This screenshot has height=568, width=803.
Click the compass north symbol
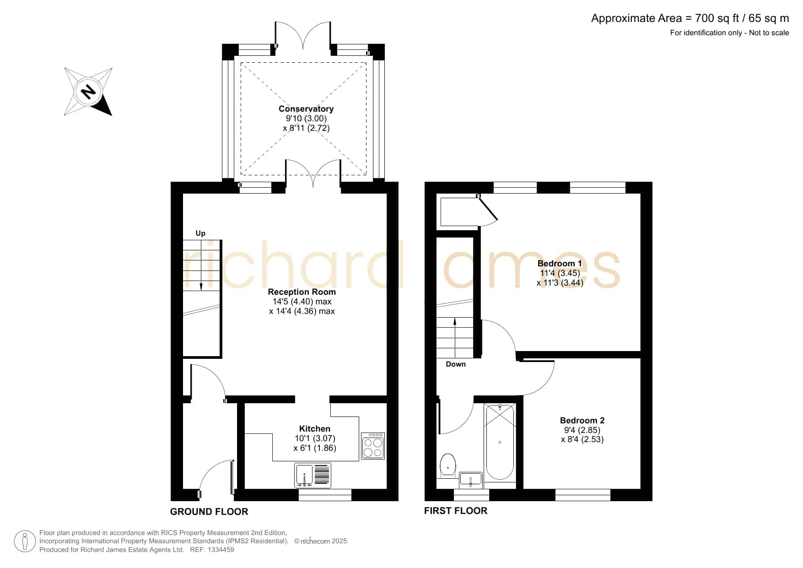coord(88,92)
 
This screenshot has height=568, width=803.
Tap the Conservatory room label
coord(306,109)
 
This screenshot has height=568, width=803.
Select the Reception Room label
coord(302,292)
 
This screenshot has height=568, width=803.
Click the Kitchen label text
coord(315,429)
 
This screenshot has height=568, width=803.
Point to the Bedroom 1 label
coord(560,264)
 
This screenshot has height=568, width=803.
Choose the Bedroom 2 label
coord(582,421)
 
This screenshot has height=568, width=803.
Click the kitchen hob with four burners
coord(373,446)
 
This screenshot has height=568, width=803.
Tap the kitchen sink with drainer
coord(313,476)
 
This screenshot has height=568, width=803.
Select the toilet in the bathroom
coord(447,465)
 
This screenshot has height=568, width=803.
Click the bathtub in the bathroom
coord(500,442)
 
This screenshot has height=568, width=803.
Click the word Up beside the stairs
coord(200,233)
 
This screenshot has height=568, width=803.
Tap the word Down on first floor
coord(456,364)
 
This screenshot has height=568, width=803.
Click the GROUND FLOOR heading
coord(209,512)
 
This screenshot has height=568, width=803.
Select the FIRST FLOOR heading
coord(456,511)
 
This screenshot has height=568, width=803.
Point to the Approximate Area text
coord(690,18)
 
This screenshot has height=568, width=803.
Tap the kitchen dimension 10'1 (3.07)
coord(315,438)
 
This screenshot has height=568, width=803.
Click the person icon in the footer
coord(25,541)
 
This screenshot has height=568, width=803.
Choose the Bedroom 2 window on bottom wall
coord(583,495)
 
